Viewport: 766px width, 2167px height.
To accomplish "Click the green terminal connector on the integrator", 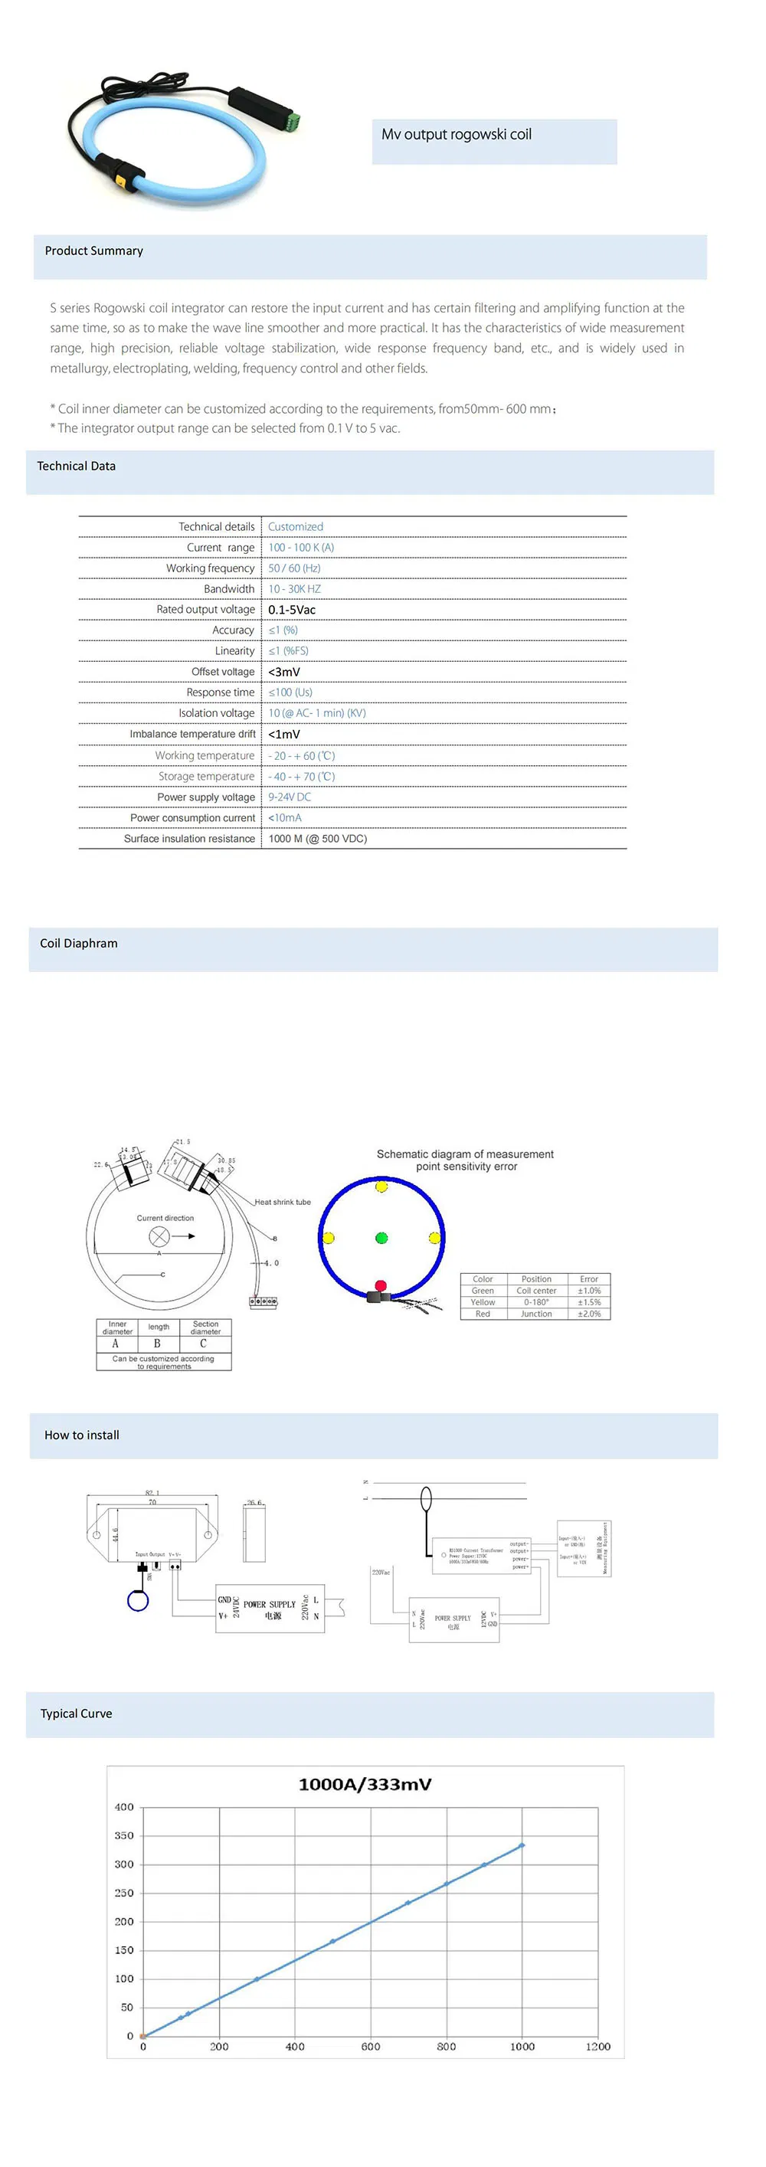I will tap(294, 120).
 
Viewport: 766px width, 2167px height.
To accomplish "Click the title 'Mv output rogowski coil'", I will tap(457, 135).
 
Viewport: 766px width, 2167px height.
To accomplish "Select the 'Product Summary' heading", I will tap(94, 250).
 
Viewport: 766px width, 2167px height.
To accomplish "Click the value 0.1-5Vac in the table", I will tap(292, 609).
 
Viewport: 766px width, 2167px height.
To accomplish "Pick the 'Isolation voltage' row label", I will tap(216, 712).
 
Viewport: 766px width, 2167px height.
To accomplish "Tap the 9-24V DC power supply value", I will tap(290, 797).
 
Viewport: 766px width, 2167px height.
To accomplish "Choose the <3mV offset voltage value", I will tap(284, 671).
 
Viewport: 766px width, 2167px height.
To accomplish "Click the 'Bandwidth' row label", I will tap(229, 589).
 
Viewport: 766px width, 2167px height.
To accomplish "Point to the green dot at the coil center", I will tap(381, 1237).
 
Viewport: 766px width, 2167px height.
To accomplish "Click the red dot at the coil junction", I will tap(380, 1285).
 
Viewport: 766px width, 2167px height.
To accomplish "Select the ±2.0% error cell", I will tap(588, 1313).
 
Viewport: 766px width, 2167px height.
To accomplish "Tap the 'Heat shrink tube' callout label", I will tap(283, 1202).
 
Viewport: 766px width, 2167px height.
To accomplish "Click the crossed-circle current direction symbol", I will tap(159, 1236).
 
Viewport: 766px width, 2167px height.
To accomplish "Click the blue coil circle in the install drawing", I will tap(138, 1601).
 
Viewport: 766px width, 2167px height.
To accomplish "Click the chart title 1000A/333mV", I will tap(365, 1783).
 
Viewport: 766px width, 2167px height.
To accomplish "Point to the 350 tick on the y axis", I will tap(123, 1835).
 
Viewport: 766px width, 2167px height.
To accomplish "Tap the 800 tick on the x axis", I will tap(447, 2046).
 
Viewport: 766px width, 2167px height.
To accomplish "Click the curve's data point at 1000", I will tap(522, 1845).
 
